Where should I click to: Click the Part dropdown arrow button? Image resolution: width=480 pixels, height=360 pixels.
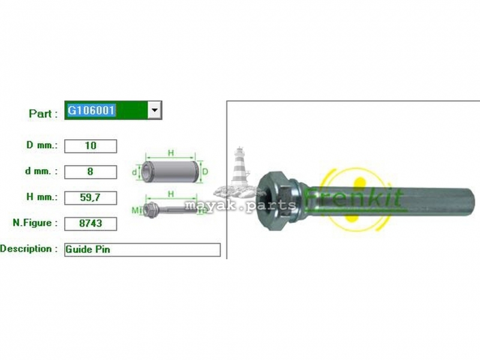(x=155, y=110)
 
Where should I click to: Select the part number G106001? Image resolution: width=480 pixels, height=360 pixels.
(x=91, y=110)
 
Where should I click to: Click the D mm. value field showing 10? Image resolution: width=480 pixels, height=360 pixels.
(x=91, y=146)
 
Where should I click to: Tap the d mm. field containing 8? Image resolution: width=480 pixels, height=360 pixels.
(x=91, y=172)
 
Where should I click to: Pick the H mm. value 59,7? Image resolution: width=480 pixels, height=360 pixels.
(x=91, y=198)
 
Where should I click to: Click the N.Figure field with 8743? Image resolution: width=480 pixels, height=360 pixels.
(x=91, y=224)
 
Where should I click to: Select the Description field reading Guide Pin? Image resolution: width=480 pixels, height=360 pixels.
(x=142, y=250)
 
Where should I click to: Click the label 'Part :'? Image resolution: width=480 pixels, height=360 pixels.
(x=43, y=113)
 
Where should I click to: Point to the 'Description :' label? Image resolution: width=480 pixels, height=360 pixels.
(x=29, y=248)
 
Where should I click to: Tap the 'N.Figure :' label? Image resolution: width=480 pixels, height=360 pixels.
(x=35, y=223)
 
